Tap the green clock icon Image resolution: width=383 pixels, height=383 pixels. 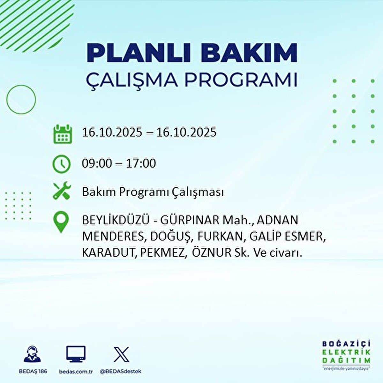pyautogui.click(x=61, y=164)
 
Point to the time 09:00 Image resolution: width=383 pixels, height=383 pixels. pyautogui.click(x=97, y=163)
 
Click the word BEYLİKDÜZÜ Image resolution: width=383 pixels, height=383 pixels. pyautogui.click(x=116, y=220)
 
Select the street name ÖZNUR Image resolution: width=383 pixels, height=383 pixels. pyautogui.click(x=212, y=253)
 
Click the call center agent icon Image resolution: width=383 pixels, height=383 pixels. pyautogui.click(x=33, y=354)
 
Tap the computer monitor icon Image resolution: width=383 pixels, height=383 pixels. pyautogui.click(x=76, y=354)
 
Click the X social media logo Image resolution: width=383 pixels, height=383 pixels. pyautogui.click(x=121, y=354)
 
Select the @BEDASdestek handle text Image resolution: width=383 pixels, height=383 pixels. pyautogui.click(x=120, y=372)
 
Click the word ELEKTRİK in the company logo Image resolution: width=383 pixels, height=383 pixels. pyautogui.click(x=346, y=352)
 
